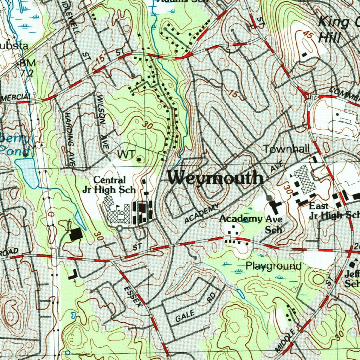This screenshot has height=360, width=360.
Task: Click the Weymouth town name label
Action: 216,178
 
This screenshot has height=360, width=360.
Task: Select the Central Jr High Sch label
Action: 109,185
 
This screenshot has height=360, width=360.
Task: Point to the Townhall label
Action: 287,149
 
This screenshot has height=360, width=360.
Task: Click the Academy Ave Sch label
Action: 251,224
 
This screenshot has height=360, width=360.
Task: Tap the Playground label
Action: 274,266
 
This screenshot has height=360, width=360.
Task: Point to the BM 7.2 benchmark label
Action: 27,68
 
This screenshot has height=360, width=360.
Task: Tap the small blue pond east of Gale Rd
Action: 241,294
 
